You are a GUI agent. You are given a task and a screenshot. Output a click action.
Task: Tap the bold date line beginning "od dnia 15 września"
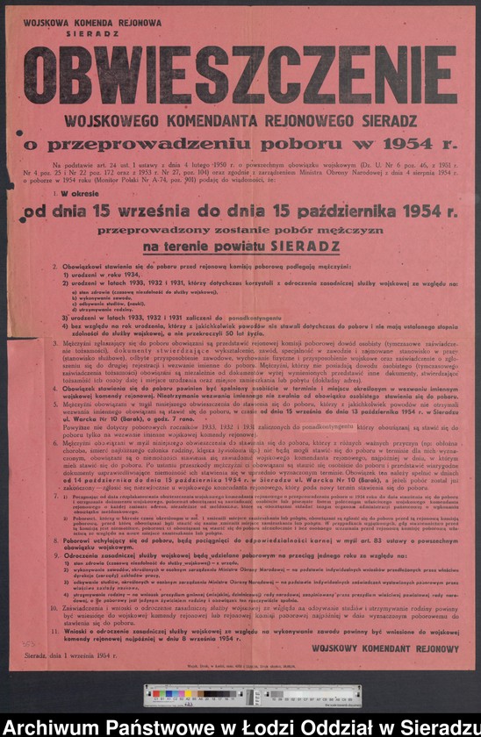[x=240, y=211]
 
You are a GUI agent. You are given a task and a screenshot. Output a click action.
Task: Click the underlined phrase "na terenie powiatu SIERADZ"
[x=239, y=247]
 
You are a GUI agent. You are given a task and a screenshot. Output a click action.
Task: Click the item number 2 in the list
[x=55, y=265]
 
